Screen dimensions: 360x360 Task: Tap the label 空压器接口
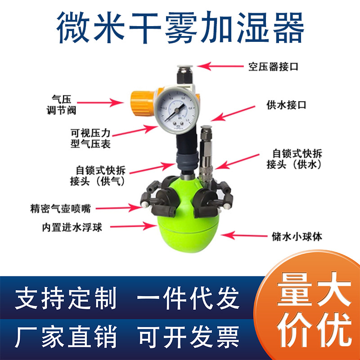pos(273,67)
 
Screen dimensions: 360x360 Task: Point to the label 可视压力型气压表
pos(90,139)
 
